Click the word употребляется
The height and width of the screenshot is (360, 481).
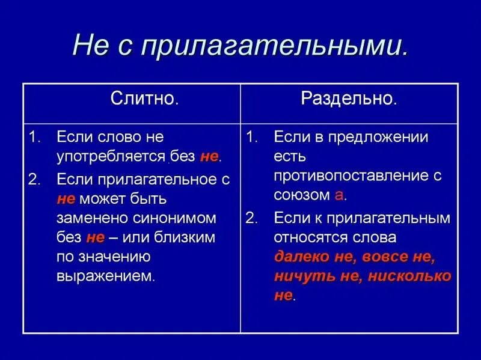coord(111,157)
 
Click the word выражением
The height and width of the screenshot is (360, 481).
coord(106,276)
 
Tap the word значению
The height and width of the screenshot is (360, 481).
coord(114,257)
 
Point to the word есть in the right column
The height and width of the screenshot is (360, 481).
coord(290,157)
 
